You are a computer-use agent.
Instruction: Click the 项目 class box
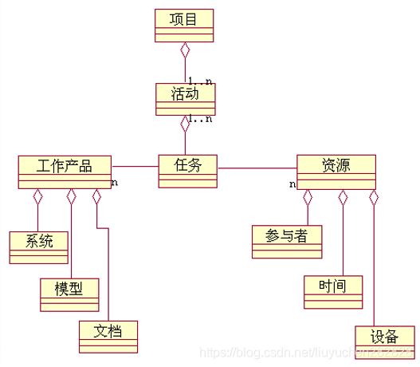[x=184, y=25]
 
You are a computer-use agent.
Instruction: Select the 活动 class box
[x=186, y=99]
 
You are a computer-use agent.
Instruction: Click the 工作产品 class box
[x=65, y=172]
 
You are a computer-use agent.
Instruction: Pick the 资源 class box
[x=336, y=172]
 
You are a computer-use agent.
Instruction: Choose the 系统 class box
[x=39, y=246]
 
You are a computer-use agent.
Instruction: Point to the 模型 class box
[x=70, y=293]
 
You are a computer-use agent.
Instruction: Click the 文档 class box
[x=108, y=335]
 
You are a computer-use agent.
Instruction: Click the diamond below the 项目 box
[x=186, y=50]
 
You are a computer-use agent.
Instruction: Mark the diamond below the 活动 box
[x=186, y=124]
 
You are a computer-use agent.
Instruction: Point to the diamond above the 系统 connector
[x=38, y=196]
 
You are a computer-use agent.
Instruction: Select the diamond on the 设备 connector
[x=373, y=197]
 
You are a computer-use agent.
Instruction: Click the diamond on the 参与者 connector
[x=308, y=197]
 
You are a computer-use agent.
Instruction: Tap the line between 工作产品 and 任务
[x=135, y=168]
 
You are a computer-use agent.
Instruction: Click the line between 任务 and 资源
[x=257, y=168]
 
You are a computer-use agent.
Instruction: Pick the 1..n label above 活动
[x=200, y=80]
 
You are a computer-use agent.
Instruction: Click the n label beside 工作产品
[x=115, y=183]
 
